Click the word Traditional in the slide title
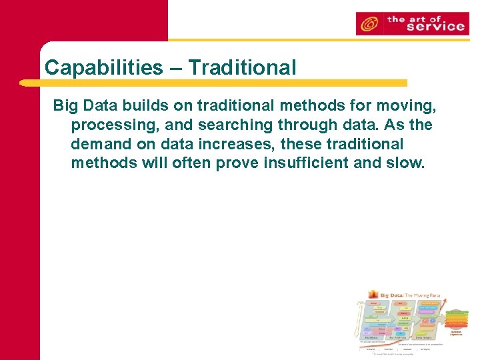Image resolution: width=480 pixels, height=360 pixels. pos(242,67)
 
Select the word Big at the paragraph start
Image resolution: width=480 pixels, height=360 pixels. pos(65,105)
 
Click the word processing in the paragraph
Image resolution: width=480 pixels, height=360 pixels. pos(110,125)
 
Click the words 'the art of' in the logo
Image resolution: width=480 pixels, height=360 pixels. pos(415,18)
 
